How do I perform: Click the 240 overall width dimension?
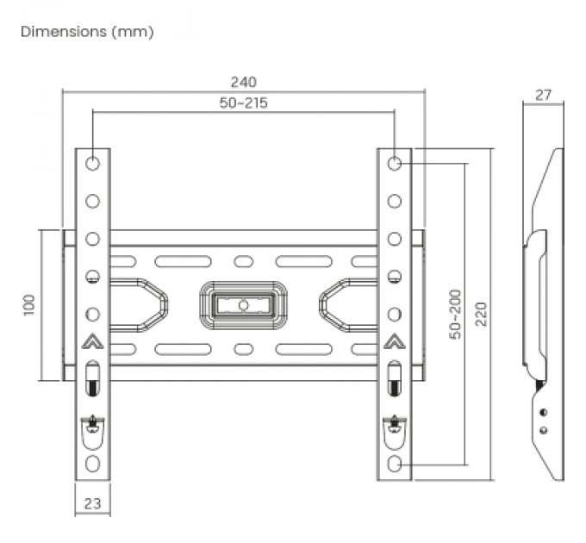243,82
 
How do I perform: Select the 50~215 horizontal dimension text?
243,103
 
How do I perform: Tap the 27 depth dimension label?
543,95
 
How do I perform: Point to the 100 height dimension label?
29,304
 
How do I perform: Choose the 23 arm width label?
91,502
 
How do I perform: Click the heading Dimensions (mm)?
87,32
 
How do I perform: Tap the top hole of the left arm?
92,163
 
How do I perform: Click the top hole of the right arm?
394,163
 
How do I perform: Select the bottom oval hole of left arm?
92,464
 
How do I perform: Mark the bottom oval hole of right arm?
394,464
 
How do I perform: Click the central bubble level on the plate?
242,304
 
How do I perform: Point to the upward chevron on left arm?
92,341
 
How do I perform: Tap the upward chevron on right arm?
394,341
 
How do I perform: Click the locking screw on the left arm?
92,422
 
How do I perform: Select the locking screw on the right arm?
394,422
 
